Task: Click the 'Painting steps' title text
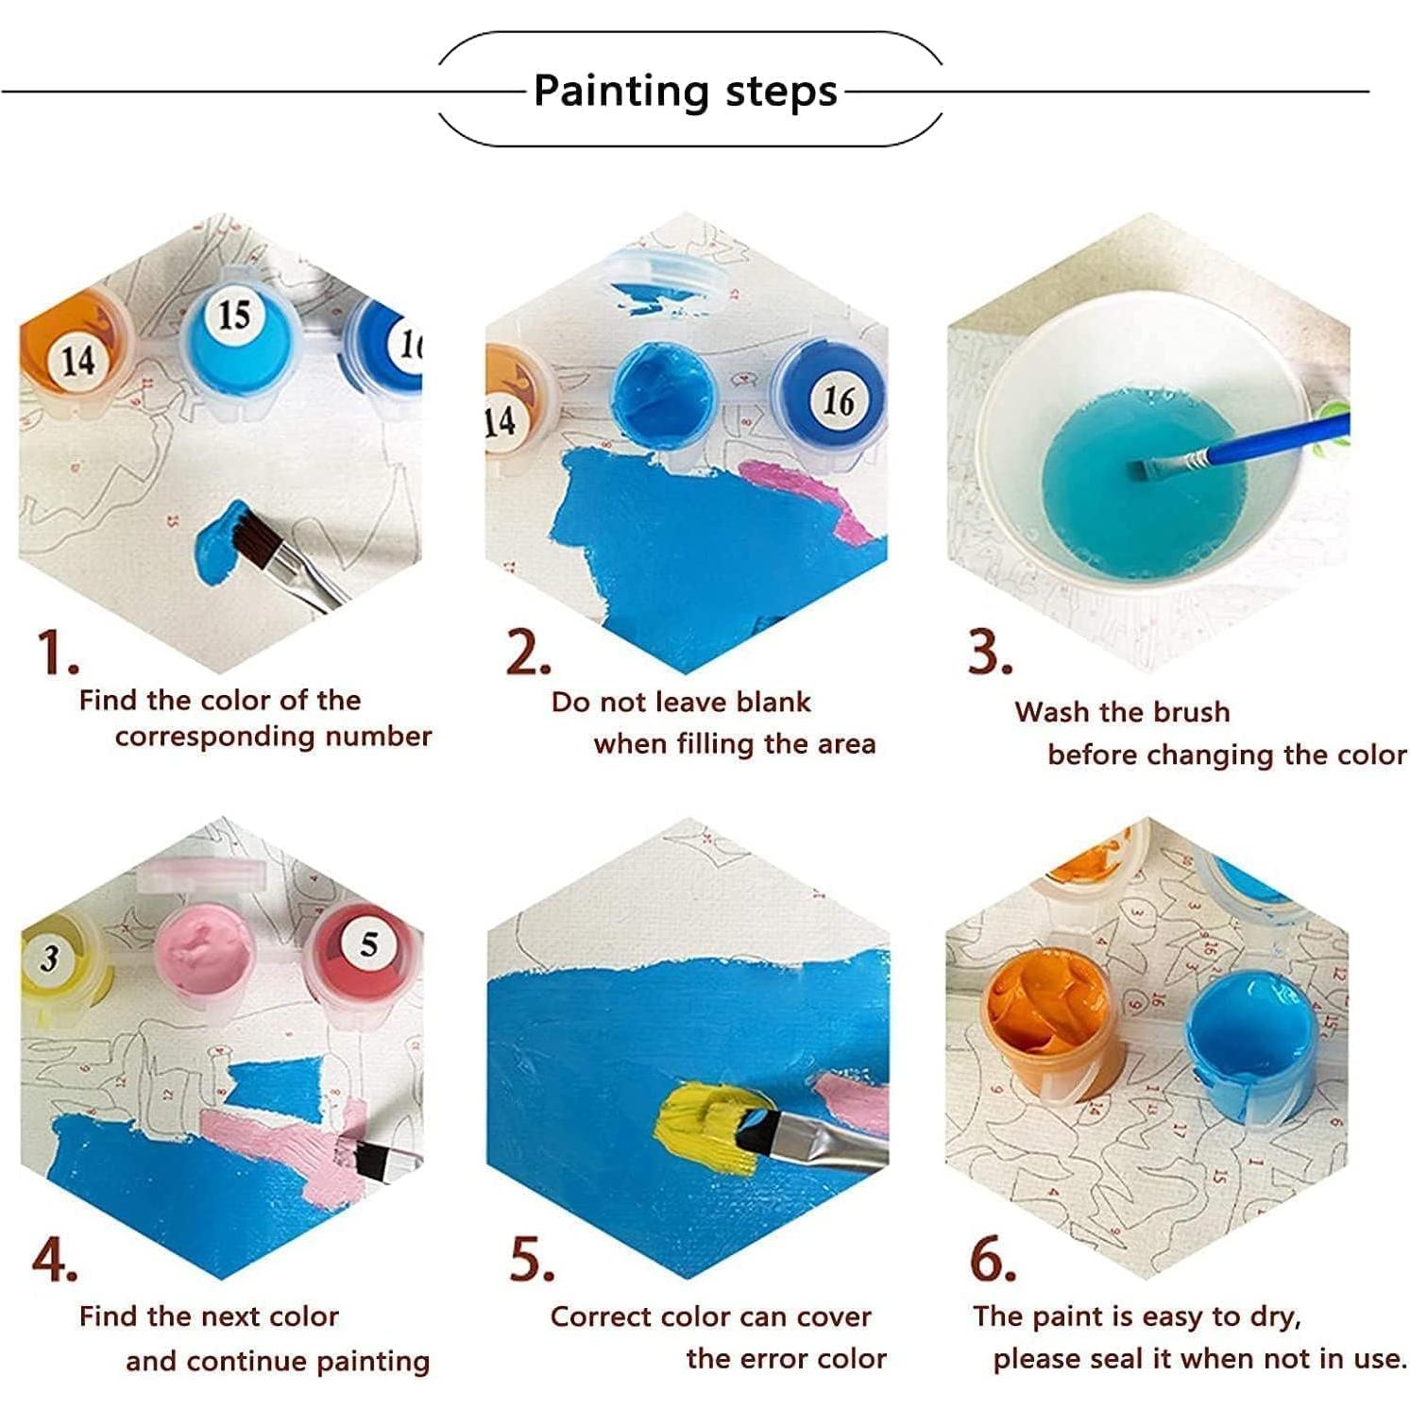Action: tap(686, 92)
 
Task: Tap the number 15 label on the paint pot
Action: tap(233, 314)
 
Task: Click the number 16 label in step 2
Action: tap(838, 400)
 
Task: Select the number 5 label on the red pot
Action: tap(369, 943)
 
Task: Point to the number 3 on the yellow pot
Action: tap(49, 959)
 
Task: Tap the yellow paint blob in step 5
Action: tap(704, 1124)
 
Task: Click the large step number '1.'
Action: tap(57, 654)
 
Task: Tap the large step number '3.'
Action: tap(989, 652)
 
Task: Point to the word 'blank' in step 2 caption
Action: tap(773, 703)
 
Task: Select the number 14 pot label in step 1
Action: tap(77, 360)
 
